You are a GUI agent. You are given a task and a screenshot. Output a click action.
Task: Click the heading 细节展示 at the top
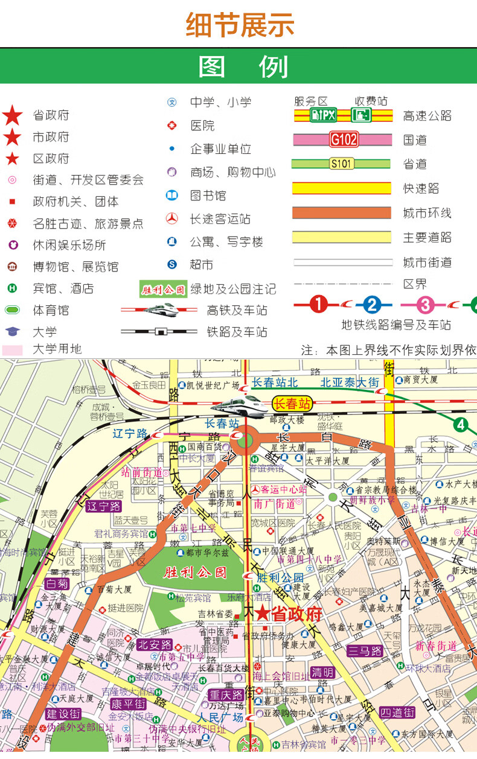(240, 25)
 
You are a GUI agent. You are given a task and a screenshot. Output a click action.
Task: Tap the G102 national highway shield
(344, 140)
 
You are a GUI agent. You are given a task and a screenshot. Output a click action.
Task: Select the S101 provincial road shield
(341, 164)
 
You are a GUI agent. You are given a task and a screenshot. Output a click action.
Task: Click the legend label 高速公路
(427, 116)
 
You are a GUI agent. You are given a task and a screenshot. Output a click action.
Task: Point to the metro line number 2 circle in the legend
(373, 305)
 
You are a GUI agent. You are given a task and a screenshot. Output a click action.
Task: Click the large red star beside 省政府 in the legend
(12, 115)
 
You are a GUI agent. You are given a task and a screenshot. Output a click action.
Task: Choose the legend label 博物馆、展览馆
(75, 267)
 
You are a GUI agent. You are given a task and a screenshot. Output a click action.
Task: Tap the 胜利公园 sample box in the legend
(163, 290)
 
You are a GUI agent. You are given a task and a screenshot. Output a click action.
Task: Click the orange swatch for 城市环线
(342, 213)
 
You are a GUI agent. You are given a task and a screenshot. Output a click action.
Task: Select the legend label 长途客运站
(220, 219)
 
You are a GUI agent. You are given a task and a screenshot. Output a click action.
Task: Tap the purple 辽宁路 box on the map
(103, 506)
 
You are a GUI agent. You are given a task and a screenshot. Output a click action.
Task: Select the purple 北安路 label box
(155, 644)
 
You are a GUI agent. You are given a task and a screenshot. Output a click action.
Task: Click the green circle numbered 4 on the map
(462, 425)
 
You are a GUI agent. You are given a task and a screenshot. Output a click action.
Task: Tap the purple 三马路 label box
(365, 651)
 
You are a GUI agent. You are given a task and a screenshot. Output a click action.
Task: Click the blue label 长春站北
(275, 383)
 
